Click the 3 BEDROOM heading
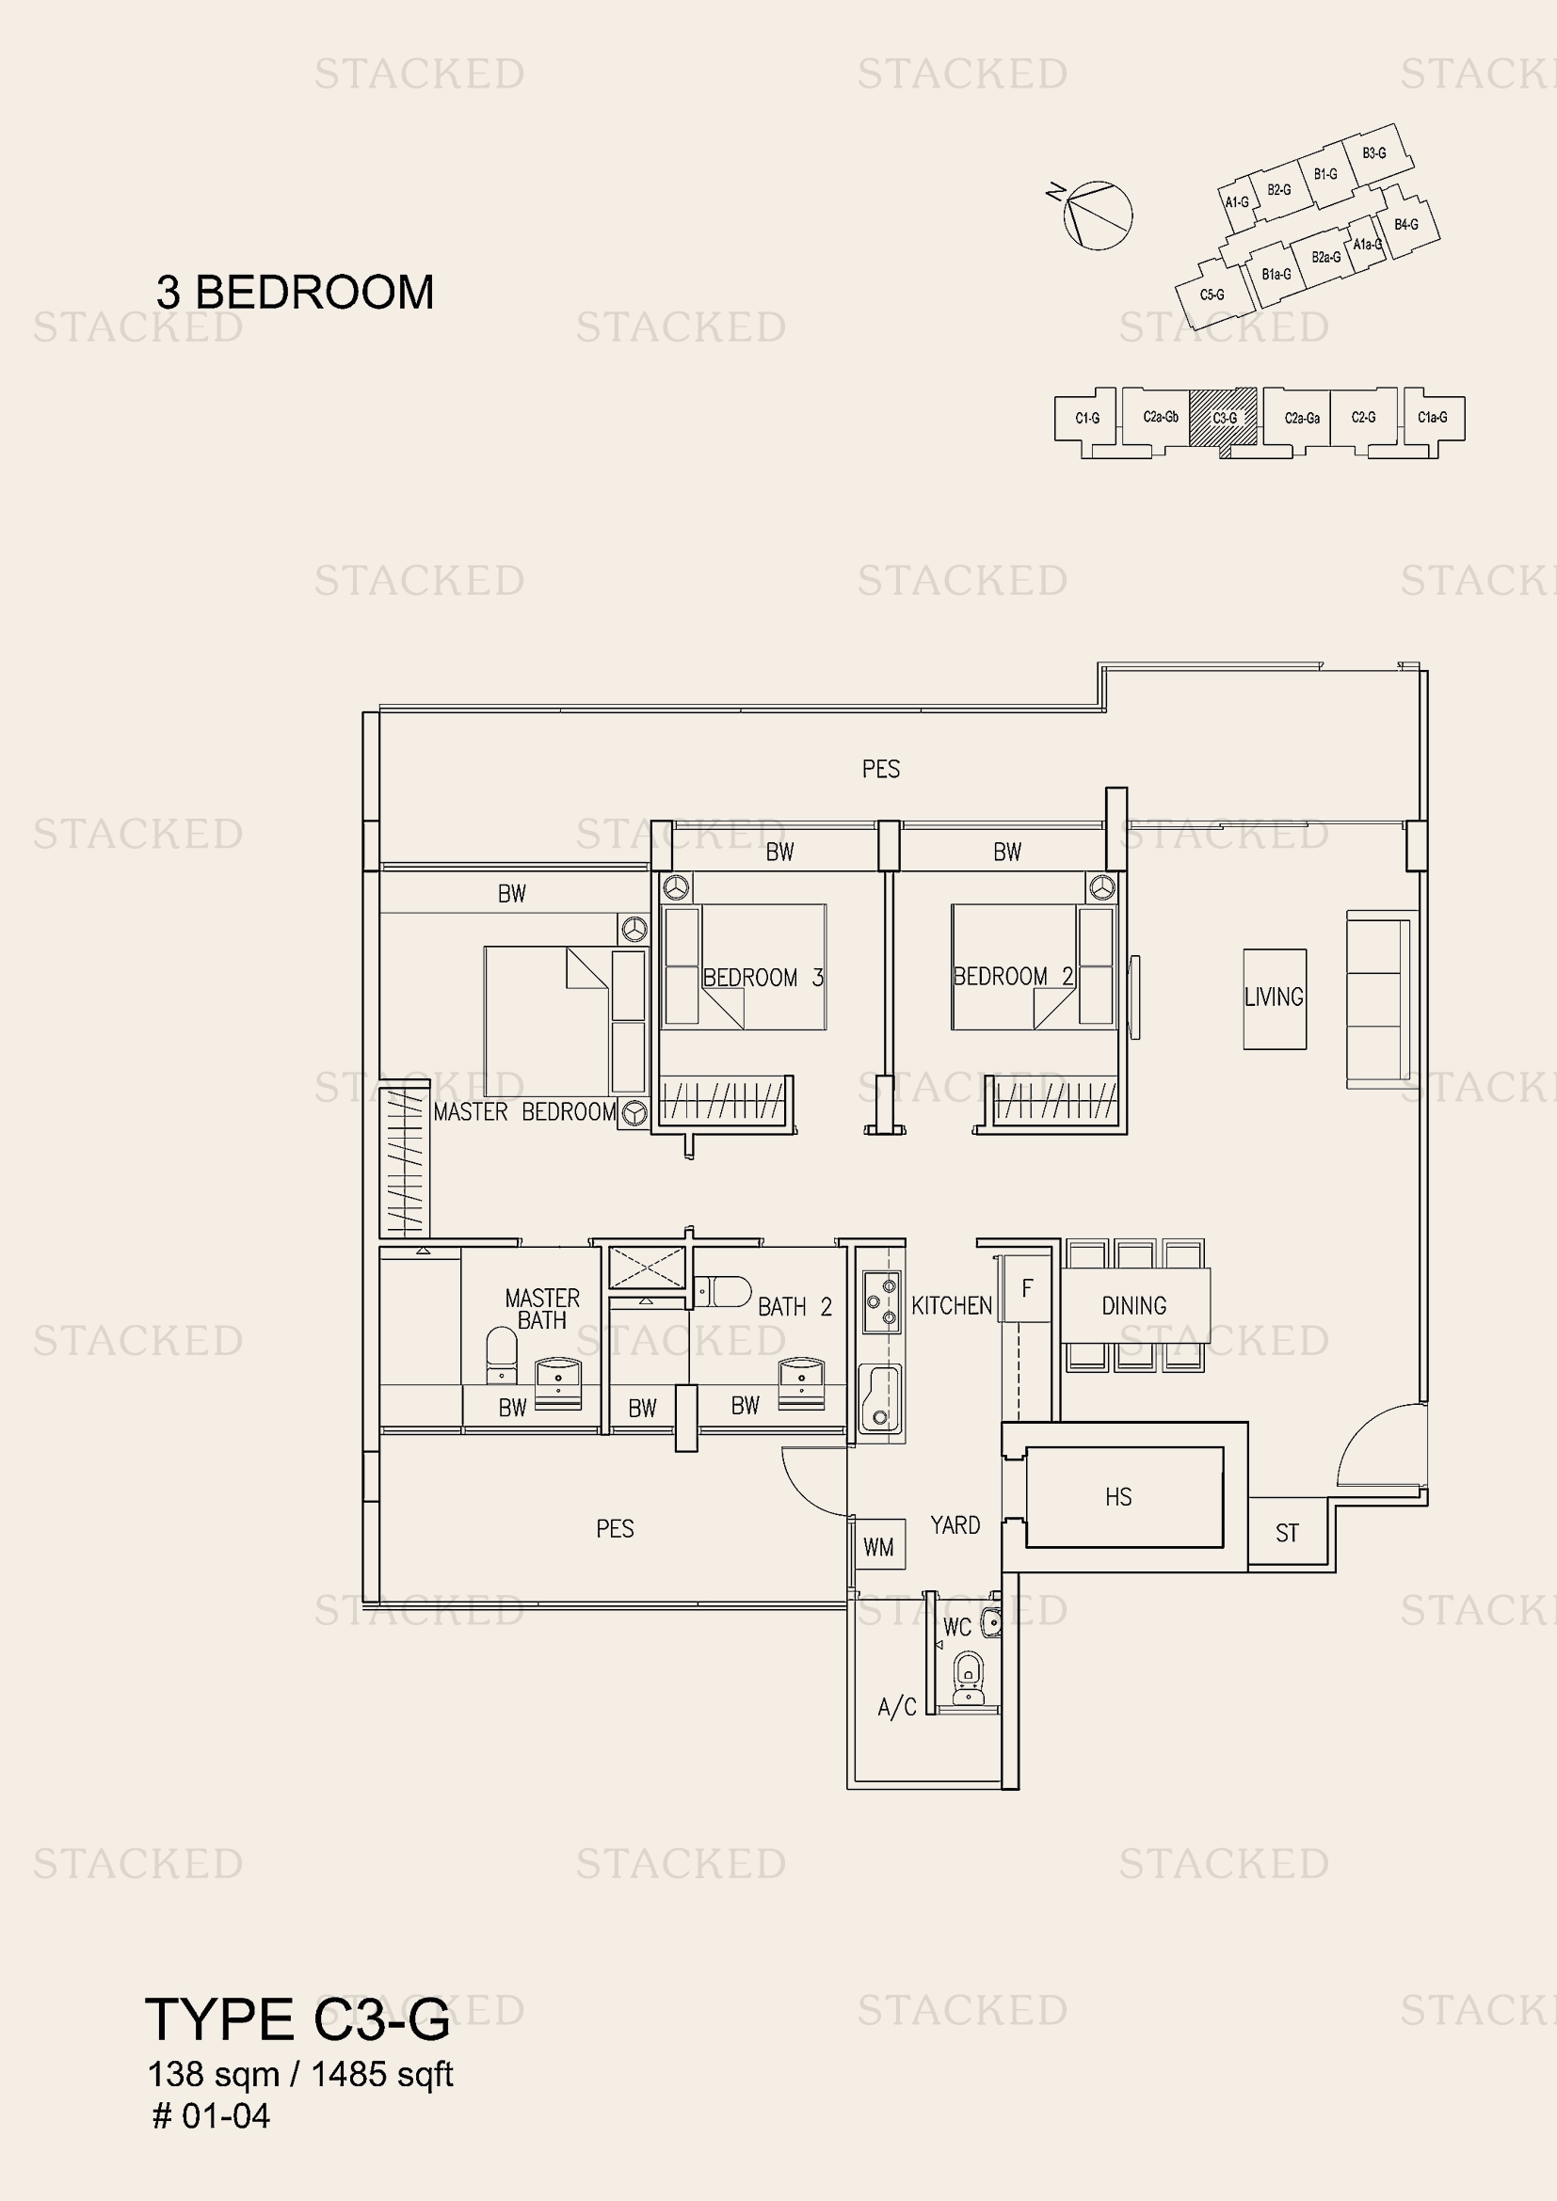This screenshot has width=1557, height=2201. (x=296, y=293)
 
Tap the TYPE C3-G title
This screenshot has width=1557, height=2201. (x=297, y=2019)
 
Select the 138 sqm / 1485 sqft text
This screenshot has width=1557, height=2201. (x=300, y=2074)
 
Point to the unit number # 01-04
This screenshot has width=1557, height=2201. (x=211, y=2115)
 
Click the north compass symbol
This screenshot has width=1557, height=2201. (x=1097, y=215)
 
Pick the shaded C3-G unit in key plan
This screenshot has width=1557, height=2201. (x=1224, y=417)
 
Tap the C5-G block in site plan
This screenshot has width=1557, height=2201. (x=1212, y=295)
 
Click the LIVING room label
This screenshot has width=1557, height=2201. (x=1274, y=997)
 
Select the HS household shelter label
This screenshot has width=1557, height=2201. (x=1118, y=1497)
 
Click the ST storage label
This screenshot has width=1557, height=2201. (x=1287, y=1534)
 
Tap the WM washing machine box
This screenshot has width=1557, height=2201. (x=878, y=1547)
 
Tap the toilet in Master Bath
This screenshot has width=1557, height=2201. (x=502, y=1354)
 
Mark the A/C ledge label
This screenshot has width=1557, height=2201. (x=896, y=1706)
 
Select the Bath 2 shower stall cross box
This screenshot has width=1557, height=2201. (x=647, y=1268)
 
